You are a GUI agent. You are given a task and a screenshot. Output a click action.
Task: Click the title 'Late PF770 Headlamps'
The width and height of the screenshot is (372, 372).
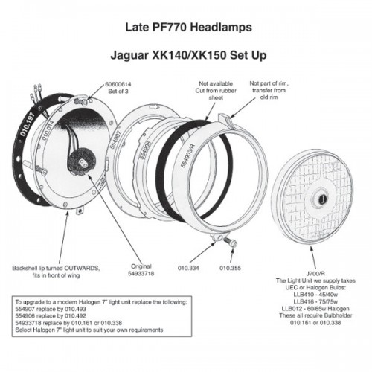click(188, 28)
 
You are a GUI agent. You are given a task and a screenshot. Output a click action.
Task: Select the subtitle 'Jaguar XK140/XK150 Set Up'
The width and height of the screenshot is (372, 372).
click(188, 55)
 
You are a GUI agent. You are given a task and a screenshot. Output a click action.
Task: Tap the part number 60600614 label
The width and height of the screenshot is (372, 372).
click(118, 84)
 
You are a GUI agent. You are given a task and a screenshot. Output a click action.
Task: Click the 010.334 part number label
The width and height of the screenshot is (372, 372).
click(188, 268)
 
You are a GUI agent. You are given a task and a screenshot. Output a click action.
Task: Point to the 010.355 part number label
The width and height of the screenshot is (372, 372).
click(230, 268)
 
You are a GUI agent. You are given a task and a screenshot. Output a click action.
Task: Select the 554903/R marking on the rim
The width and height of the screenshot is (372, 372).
click(187, 155)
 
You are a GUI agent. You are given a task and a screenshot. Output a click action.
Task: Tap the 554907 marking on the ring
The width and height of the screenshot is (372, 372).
click(115, 139)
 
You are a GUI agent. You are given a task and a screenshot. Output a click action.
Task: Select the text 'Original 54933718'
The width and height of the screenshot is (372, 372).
click(141, 270)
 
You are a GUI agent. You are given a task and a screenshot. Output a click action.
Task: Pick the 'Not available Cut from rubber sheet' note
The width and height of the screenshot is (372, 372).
click(216, 91)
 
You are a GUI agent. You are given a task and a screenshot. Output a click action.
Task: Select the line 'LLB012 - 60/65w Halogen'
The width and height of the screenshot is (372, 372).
click(315, 309)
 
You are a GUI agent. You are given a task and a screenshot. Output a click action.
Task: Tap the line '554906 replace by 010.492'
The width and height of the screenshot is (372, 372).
click(51, 316)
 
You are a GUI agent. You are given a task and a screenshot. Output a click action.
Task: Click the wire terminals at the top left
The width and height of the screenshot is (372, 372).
click(35, 91)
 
